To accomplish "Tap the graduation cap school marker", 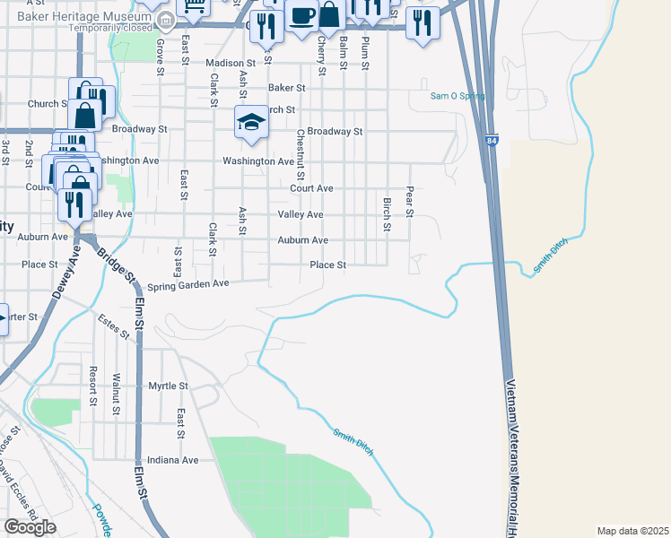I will (x=252, y=123).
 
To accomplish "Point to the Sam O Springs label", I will (x=457, y=96).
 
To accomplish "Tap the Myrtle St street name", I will (x=168, y=386).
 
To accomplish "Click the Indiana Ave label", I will (x=173, y=459).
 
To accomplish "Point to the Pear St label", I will (x=409, y=202).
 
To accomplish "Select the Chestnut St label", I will (x=301, y=153).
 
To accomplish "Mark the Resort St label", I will (x=92, y=384).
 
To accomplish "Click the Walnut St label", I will (x=117, y=395).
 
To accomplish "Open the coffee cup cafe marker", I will (x=301, y=17).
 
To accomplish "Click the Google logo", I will (x=30, y=527).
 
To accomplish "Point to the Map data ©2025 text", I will (x=632, y=531).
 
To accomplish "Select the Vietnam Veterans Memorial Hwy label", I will (x=514, y=457).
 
